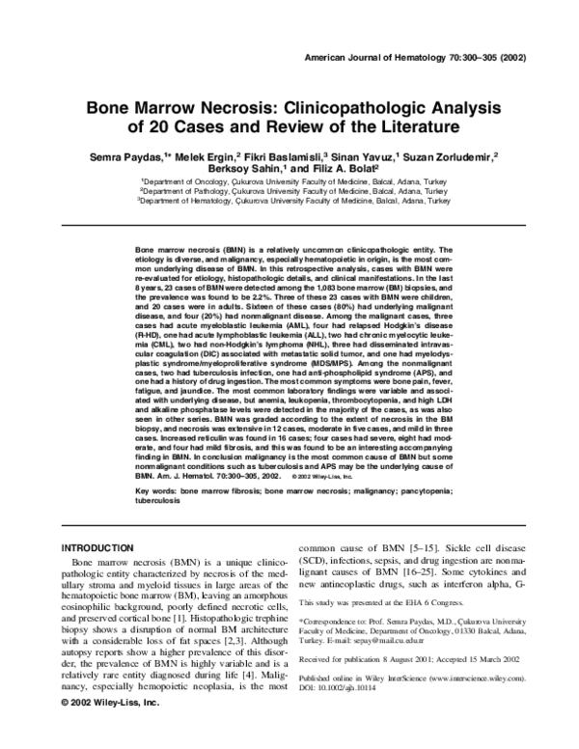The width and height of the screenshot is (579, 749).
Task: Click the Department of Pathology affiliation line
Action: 294,191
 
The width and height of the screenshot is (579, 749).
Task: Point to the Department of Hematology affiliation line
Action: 294,203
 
